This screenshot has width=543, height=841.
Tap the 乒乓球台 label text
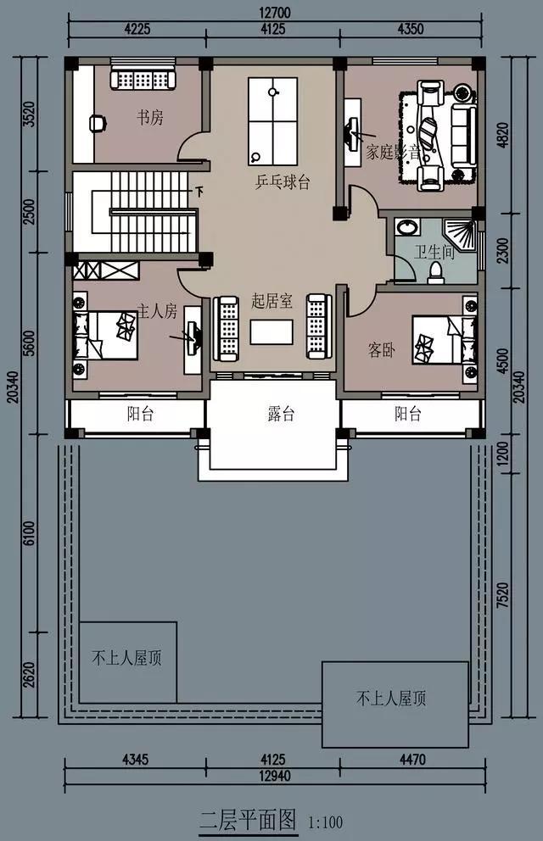[x=283, y=182]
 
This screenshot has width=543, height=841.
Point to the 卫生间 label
[x=434, y=252]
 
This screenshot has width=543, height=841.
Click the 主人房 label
[x=157, y=312]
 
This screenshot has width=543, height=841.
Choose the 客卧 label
[x=381, y=350]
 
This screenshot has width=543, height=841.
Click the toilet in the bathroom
[x=437, y=271]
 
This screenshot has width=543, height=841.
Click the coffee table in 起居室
[x=271, y=331]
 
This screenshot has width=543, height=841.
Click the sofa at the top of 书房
[x=143, y=79]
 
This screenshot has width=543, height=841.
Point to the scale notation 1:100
[x=327, y=822]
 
